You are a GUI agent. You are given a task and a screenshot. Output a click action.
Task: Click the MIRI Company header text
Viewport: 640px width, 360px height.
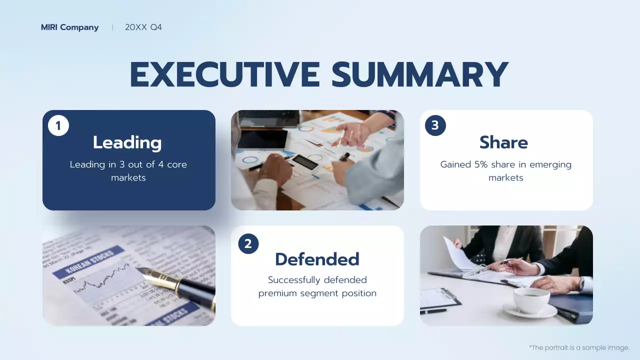click(x=69, y=27)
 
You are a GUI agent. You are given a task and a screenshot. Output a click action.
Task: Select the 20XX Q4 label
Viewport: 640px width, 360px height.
click(x=143, y=27)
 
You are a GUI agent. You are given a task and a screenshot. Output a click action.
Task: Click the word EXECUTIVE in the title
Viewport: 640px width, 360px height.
click(x=224, y=75)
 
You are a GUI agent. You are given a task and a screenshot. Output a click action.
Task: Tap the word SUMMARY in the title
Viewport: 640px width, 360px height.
click(x=420, y=75)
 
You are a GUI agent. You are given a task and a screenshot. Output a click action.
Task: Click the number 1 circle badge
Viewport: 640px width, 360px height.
click(x=58, y=126)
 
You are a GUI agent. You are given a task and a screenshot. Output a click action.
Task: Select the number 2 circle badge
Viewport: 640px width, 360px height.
click(x=248, y=243)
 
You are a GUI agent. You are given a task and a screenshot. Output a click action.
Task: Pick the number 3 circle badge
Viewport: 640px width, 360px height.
click(x=435, y=125)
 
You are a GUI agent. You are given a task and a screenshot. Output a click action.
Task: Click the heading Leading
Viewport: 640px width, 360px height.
click(x=127, y=142)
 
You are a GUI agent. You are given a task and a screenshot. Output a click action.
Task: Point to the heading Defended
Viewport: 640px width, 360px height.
click(x=317, y=259)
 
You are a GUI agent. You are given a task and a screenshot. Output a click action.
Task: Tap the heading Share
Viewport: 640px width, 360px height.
click(x=503, y=142)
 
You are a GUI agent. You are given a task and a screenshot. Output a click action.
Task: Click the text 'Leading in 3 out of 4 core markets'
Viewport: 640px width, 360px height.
click(x=128, y=171)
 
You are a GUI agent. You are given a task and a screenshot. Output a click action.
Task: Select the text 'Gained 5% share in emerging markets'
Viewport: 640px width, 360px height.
click(x=506, y=171)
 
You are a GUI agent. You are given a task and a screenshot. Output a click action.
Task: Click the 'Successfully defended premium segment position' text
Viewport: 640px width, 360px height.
click(x=317, y=286)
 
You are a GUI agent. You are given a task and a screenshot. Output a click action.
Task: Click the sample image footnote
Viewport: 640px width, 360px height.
click(x=578, y=347)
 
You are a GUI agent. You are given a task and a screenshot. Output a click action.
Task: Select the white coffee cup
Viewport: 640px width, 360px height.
click(x=531, y=300)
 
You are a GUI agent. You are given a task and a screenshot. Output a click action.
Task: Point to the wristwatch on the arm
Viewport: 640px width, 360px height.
click(x=581, y=283)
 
